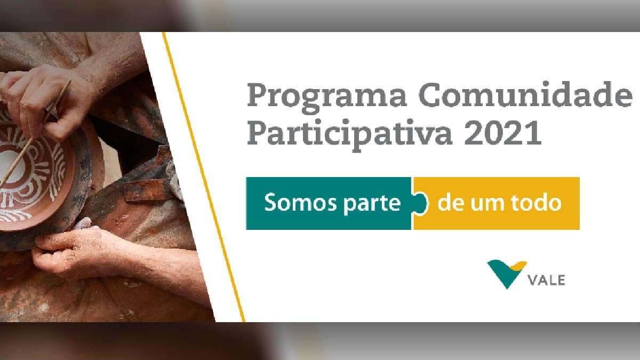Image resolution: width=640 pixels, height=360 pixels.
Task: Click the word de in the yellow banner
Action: [x=451, y=203]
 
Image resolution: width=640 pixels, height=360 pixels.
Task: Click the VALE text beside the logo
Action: [x=547, y=280]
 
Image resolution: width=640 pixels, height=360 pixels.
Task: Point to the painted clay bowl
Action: [x=32, y=165]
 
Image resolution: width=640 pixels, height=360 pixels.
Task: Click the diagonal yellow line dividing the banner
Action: [x=203, y=176]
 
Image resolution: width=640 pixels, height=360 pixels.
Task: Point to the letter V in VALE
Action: [x=533, y=280]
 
